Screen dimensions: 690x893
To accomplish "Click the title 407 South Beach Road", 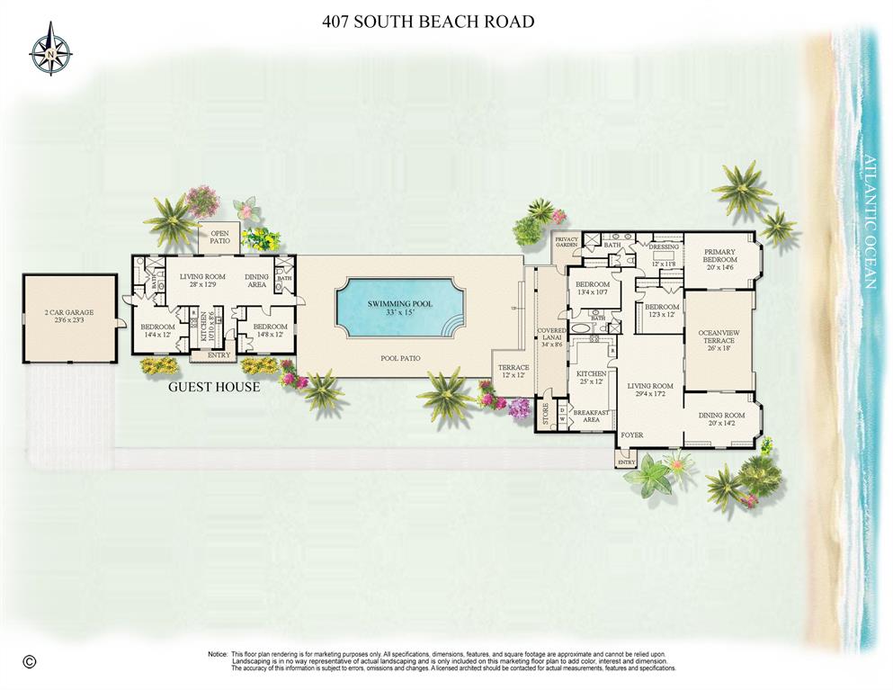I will pyautogui.click(x=428, y=21).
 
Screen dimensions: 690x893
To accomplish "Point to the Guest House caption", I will pyautogui.click(x=214, y=387).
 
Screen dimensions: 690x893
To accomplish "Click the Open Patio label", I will pyautogui.click(x=219, y=237).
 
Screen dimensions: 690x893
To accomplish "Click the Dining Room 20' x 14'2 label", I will pyautogui.click(x=722, y=419).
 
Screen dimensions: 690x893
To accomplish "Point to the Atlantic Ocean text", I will pyautogui.click(x=869, y=222).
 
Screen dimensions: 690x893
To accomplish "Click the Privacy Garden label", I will pyautogui.click(x=566, y=241).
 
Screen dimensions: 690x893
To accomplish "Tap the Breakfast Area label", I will pyautogui.click(x=592, y=416).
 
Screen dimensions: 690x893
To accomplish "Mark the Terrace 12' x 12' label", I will pyautogui.click(x=514, y=372).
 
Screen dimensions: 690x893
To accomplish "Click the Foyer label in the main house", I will pyautogui.click(x=632, y=435).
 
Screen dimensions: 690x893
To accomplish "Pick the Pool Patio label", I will pyautogui.click(x=399, y=358).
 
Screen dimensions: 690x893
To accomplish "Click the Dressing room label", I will pyautogui.click(x=664, y=246).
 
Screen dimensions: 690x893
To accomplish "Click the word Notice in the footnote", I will pyautogui.click(x=218, y=654).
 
